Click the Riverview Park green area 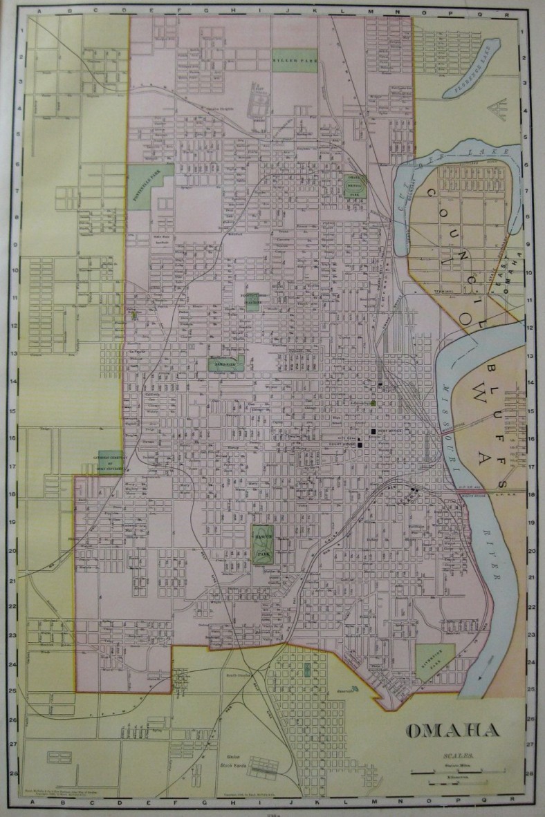click(435, 661)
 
